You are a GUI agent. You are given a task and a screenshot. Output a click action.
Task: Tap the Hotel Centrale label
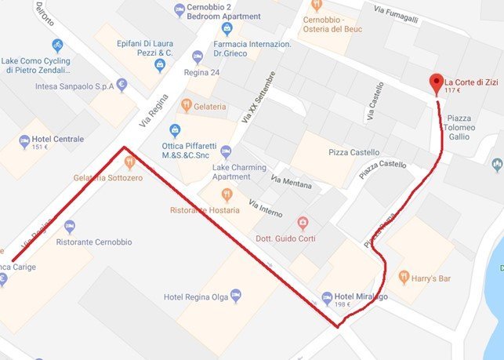[x=57, y=140]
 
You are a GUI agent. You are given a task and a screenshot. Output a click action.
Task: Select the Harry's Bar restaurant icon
[x=404, y=276]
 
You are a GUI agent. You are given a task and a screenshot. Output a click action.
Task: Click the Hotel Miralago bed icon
[x=327, y=297]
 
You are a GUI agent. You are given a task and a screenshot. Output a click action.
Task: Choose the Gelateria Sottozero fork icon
[x=129, y=162]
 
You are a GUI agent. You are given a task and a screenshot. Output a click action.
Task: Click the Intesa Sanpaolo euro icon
[x=121, y=85]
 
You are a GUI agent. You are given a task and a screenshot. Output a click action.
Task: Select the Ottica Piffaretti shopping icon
[x=175, y=130]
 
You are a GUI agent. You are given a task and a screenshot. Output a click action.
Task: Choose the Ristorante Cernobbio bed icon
[x=70, y=227]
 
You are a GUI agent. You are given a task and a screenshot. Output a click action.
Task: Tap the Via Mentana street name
[x=291, y=184]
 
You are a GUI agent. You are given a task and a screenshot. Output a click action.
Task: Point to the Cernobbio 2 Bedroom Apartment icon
[x=179, y=9]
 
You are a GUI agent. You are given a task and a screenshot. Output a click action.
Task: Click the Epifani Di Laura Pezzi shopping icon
[x=161, y=65]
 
